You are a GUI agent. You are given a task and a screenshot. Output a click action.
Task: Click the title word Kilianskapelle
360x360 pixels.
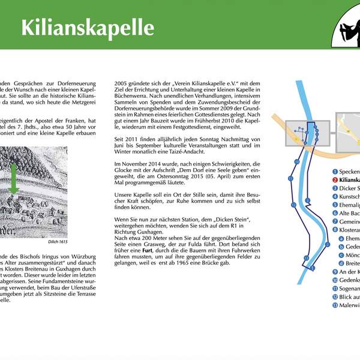coord(88,28)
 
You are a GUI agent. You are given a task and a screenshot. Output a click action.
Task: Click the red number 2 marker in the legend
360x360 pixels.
coord(335,179)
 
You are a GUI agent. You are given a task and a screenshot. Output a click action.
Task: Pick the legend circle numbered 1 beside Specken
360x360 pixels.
coord(335,171)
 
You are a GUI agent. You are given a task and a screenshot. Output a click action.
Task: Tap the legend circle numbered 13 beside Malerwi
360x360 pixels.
coord(335,305)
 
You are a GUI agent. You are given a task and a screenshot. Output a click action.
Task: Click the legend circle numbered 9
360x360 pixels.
coord(335,272)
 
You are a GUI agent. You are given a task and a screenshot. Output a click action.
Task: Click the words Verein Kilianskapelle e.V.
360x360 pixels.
coord(194,84)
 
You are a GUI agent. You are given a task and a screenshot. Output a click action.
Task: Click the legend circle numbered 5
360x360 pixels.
coord(335,205)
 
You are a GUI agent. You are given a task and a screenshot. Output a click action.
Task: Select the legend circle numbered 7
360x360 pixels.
coord(335,221)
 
